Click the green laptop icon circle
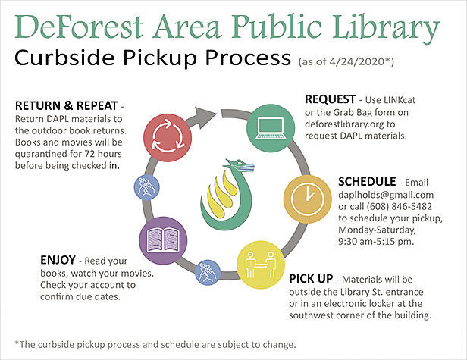tap(271, 128)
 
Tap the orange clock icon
tap(307, 199)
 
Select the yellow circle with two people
tap(261, 265)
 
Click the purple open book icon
tap(163, 240)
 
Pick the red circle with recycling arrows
tap(168, 138)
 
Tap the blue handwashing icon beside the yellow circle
tap(208, 272)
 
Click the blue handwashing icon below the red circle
tap(146, 187)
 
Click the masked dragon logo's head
tap(240, 166)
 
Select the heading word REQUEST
tap(330, 99)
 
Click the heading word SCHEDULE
tap(367, 182)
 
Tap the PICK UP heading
tap(311, 279)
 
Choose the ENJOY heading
tap(58, 260)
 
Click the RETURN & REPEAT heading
tap(67, 105)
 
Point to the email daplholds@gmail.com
tap(386, 195)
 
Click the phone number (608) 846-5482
tap(399, 206)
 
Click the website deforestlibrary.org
tap(345, 124)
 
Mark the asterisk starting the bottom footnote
tap(17, 343)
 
